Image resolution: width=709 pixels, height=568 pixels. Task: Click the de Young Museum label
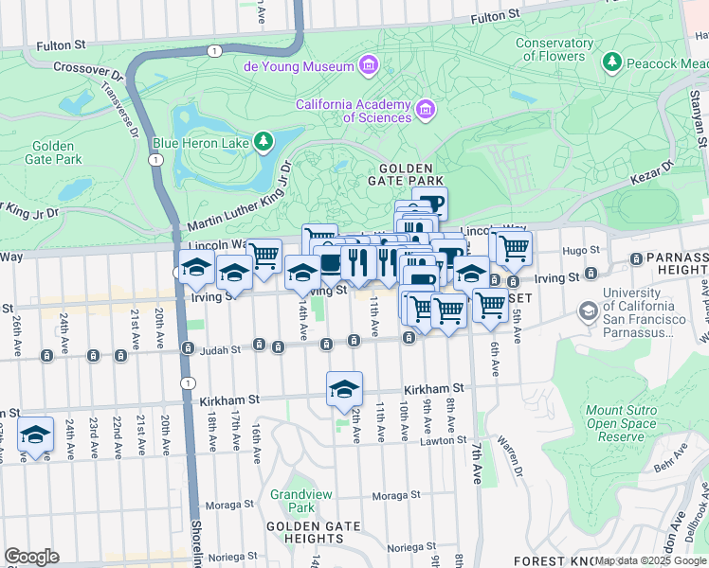299,66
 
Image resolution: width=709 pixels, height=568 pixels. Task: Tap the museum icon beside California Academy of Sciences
427,111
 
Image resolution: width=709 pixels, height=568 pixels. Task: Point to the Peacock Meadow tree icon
612,63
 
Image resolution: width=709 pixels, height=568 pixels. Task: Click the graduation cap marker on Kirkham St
345,389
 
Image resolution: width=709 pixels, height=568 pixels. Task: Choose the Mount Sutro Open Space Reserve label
621,423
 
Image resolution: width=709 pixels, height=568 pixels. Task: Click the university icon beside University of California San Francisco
588,311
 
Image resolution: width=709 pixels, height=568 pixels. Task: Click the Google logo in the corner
31,557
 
